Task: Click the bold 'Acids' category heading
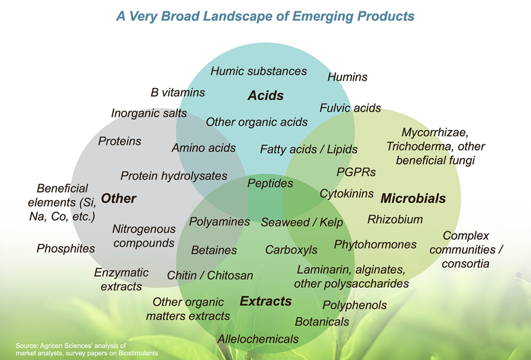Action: click(x=265, y=95)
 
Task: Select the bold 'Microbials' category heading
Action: click(x=413, y=199)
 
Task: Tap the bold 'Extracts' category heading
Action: click(x=265, y=301)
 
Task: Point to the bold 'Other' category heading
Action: click(x=118, y=199)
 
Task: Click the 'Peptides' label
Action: click(x=270, y=183)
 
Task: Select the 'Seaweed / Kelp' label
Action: click(x=302, y=222)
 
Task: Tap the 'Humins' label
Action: click(x=347, y=77)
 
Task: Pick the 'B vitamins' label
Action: click(x=177, y=92)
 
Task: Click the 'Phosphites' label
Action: click(x=66, y=248)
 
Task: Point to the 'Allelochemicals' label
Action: click(x=258, y=339)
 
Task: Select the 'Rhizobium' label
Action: click(x=395, y=219)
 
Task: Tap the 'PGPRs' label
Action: click(x=356, y=172)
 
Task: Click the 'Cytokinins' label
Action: click(x=347, y=194)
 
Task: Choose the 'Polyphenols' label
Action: click(x=355, y=305)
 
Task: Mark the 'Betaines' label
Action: click(x=214, y=250)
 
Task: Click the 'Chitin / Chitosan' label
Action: click(x=210, y=275)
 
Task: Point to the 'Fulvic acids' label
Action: click(x=350, y=108)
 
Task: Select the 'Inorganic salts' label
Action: click(x=149, y=113)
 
